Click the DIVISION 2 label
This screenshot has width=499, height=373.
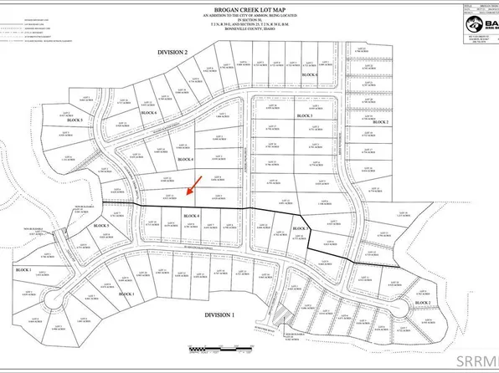(x=176, y=52)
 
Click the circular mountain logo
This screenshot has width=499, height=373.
(x=466, y=24)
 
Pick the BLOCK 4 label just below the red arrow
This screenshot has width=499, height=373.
(x=191, y=216)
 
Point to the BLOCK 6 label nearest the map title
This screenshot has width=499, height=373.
(x=310, y=75)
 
